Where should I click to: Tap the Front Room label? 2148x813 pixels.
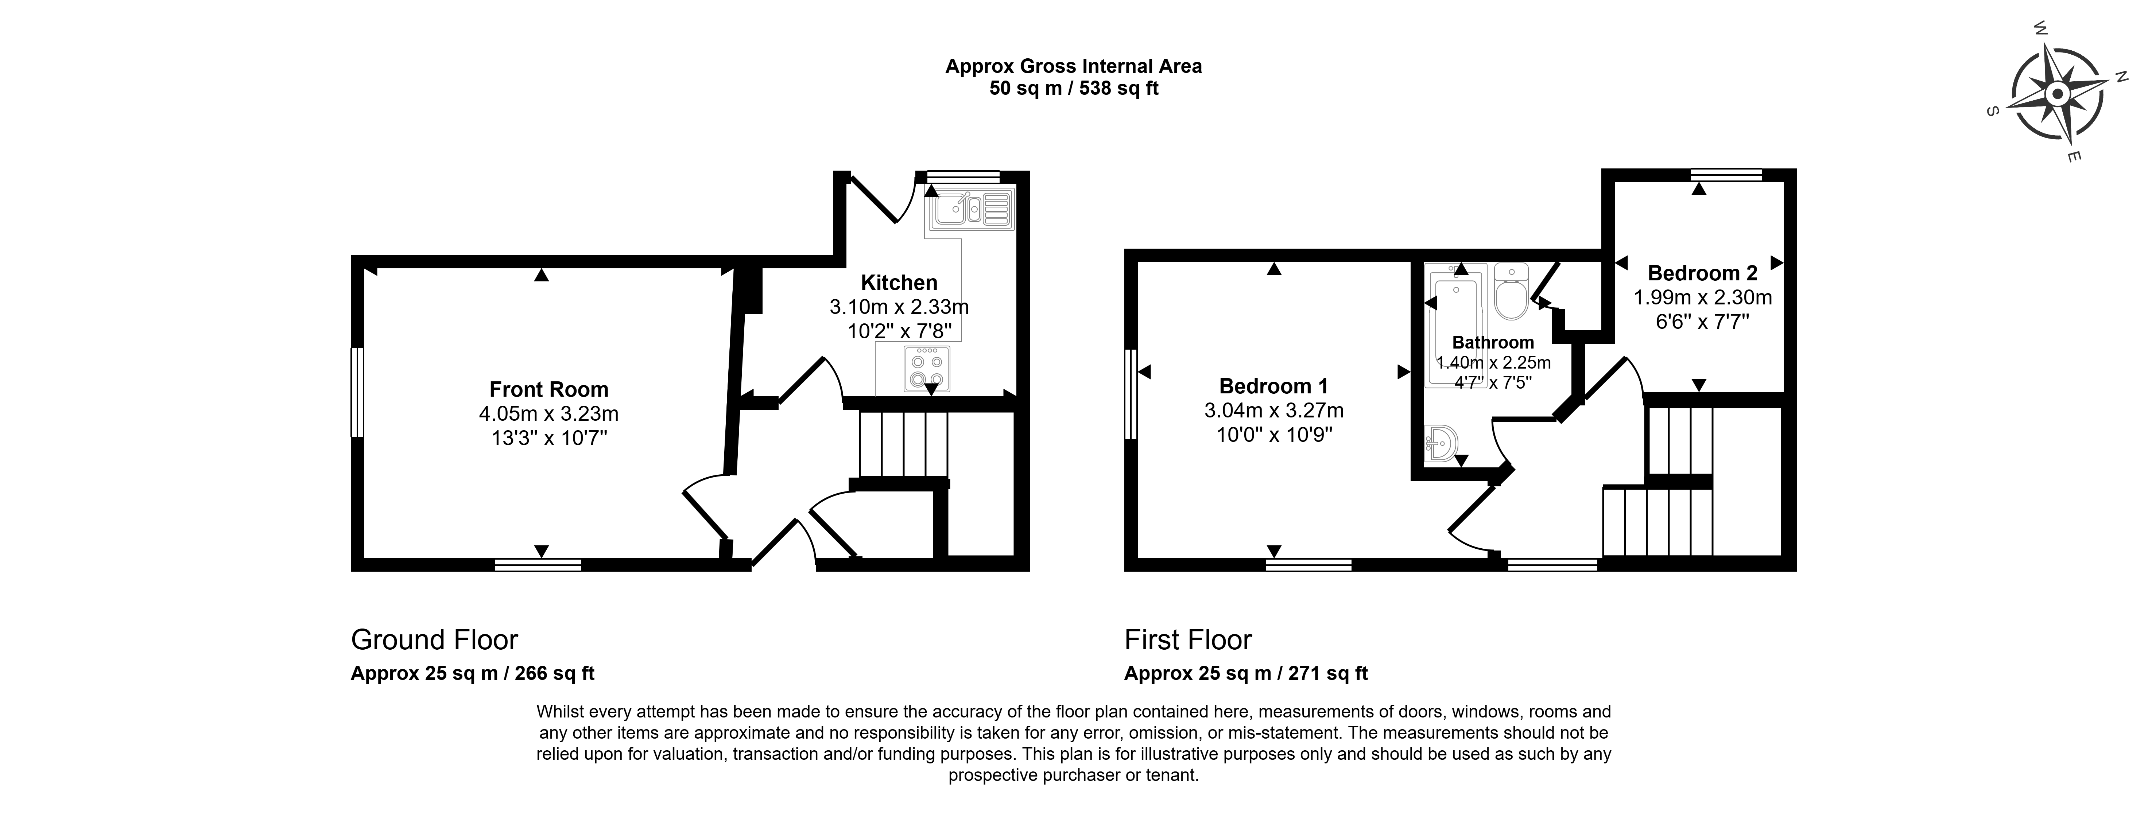[x=549, y=389]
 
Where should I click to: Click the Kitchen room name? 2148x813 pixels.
[x=899, y=283]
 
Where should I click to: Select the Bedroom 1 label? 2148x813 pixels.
[x=1273, y=386]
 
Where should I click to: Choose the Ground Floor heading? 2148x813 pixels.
[x=434, y=639]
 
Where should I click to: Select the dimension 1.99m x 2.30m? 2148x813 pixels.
[x=1703, y=297]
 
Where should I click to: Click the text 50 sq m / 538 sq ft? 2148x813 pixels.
[x=1074, y=87]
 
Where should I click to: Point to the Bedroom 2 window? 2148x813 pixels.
[x=1726, y=174]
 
